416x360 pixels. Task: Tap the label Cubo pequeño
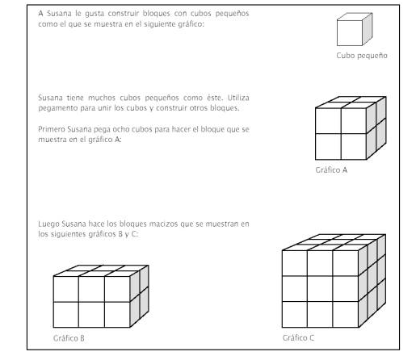362,57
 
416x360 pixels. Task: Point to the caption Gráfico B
69,337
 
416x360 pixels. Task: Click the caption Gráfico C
299,337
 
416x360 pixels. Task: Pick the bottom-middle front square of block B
91,313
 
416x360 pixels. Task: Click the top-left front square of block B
65,288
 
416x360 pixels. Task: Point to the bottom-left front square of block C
295,314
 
